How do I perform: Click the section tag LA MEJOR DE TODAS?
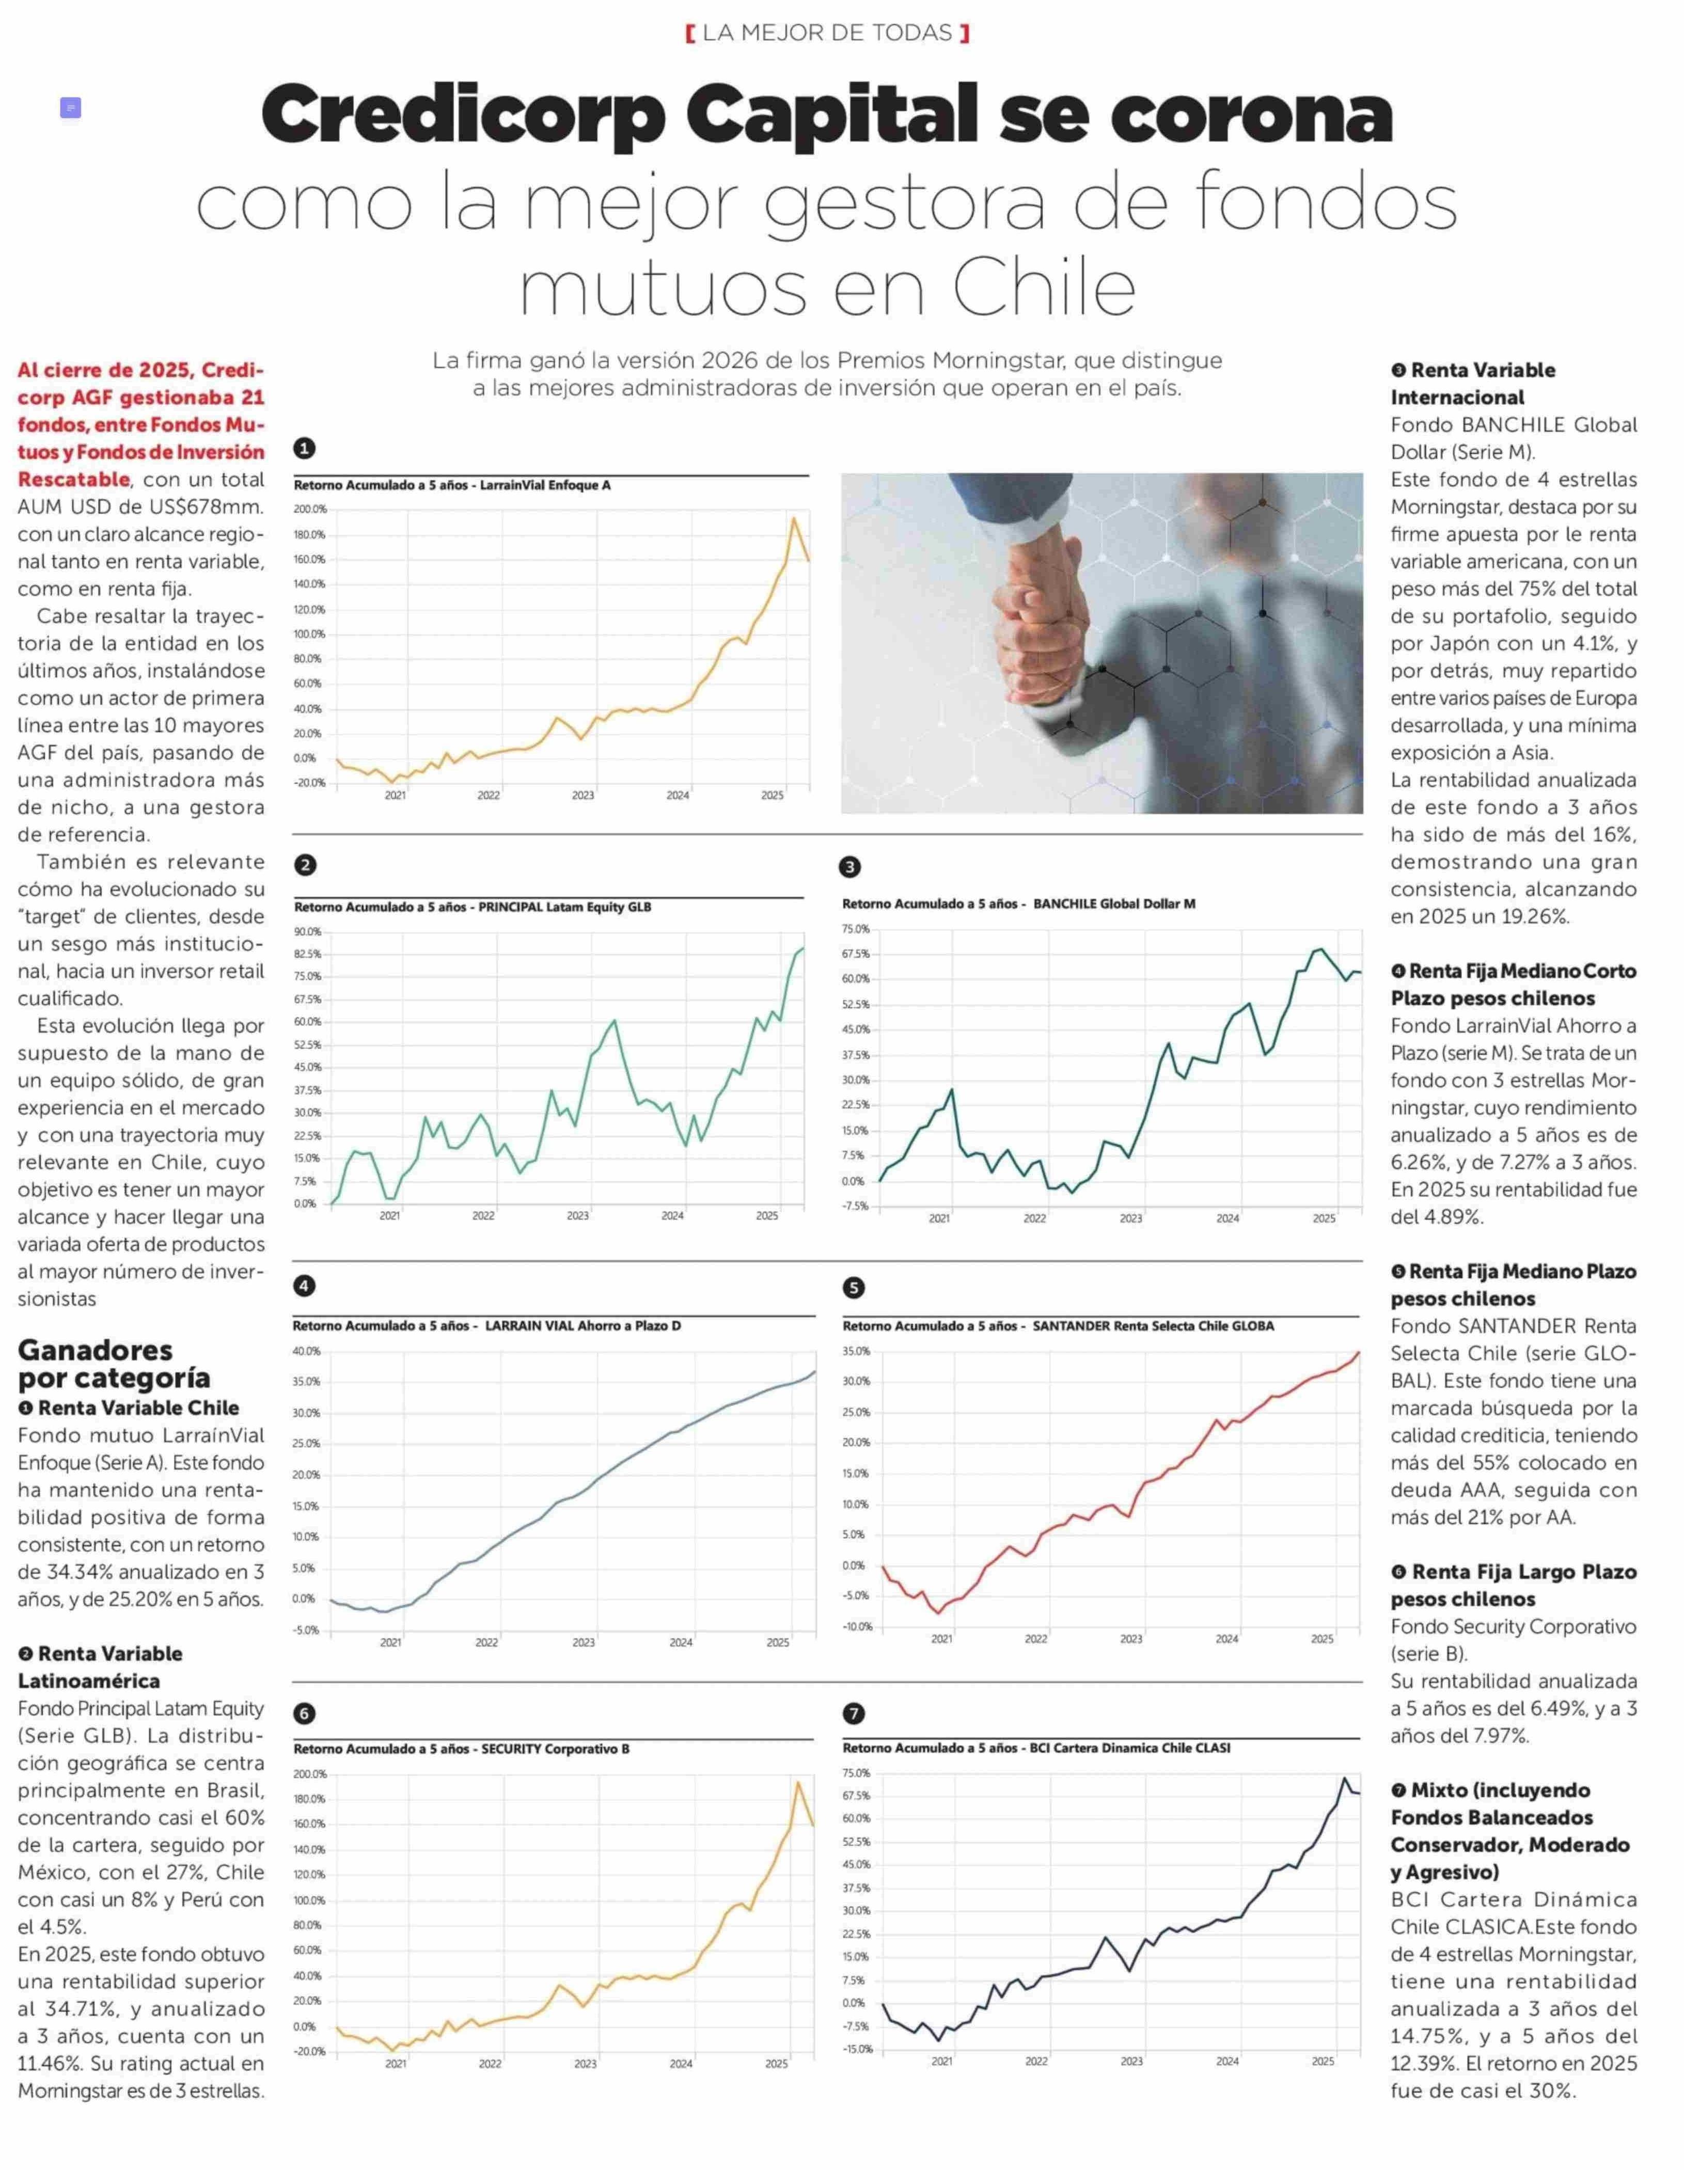pos(827,33)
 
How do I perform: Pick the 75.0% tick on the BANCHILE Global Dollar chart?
pos(855,929)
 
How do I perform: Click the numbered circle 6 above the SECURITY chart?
pos(305,1713)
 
